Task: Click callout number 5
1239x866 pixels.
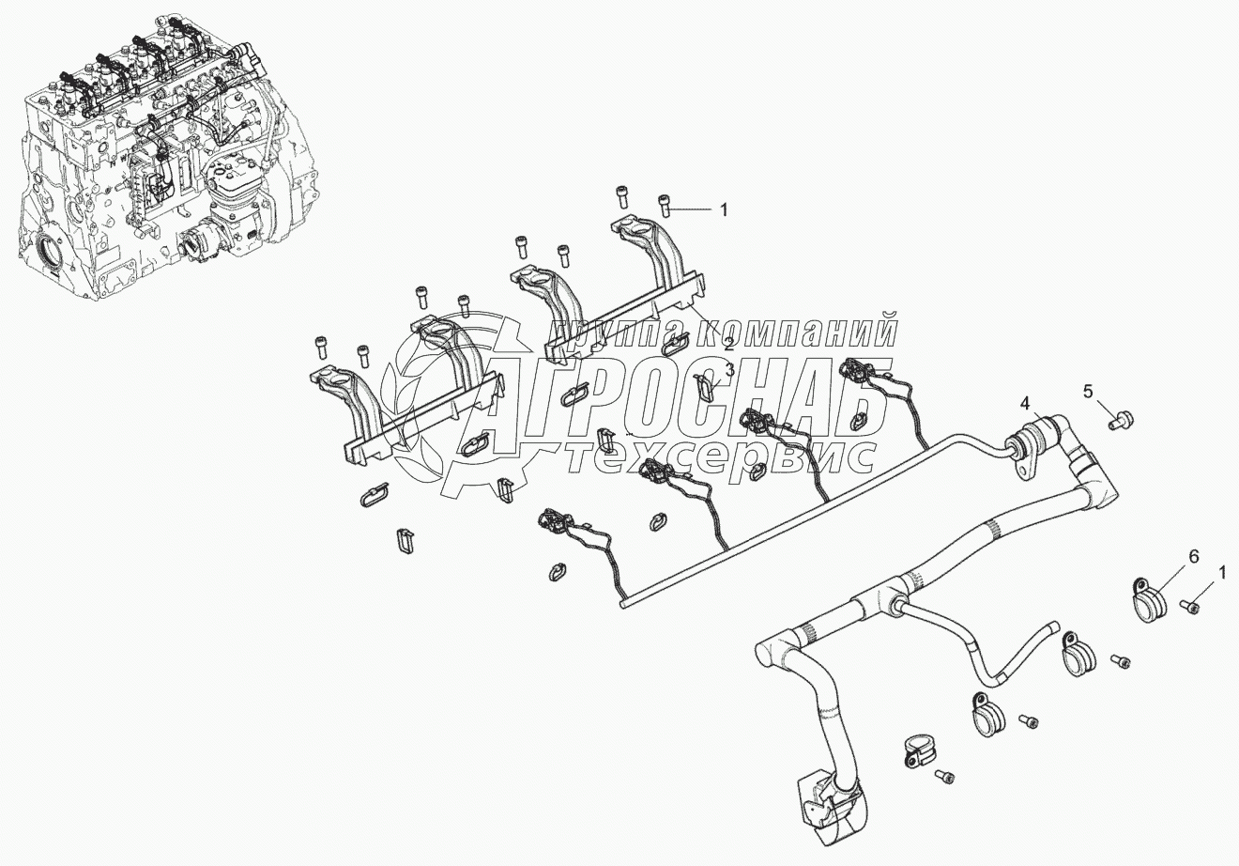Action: click(1088, 393)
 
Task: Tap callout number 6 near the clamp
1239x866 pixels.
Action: click(1194, 557)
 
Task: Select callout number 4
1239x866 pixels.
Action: click(1026, 404)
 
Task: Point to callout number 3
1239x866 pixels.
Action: click(729, 370)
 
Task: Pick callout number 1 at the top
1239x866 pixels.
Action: click(723, 210)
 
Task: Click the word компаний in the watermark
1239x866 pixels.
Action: click(794, 331)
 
